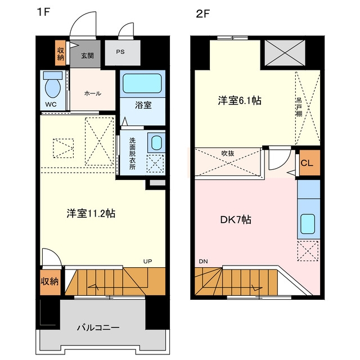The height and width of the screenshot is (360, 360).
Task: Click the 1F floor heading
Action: [x=43, y=12]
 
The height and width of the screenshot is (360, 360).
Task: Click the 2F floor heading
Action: [x=203, y=14]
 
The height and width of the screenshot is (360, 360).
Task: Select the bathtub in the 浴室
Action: [x=142, y=83]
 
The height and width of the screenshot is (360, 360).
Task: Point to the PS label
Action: [x=120, y=52]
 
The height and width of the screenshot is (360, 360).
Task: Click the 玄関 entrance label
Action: [x=87, y=56]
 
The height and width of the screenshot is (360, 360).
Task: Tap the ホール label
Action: [x=93, y=93]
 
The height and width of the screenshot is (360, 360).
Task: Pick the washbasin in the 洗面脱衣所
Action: [x=156, y=142]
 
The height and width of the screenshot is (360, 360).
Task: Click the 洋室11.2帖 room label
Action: [x=91, y=214]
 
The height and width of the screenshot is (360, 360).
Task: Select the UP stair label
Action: [x=147, y=261]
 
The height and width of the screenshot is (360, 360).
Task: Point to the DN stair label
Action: [x=203, y=261]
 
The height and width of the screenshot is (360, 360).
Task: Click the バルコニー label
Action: [x=98, y=327]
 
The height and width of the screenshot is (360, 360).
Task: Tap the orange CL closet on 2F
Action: [x=309, y=163]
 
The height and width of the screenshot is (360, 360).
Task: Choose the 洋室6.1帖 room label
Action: [x=240, y=101]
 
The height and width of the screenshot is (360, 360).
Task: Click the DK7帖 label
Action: [x=236, y=220]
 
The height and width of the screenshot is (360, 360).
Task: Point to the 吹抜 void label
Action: [x=228, y=153]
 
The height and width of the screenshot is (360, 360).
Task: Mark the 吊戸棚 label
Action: [x=299, y=107]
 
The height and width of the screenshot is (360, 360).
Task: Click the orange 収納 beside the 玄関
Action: [x=60, y=53]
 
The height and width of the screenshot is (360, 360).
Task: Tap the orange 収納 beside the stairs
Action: [x=50, y=282]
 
